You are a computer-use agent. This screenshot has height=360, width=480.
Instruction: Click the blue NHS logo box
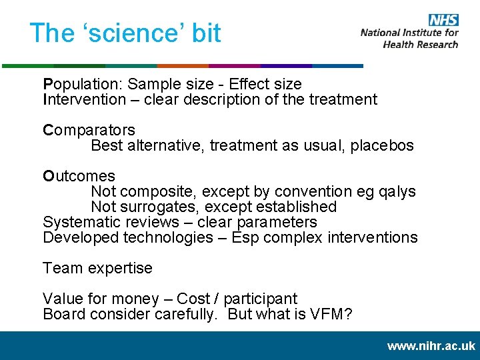pos(443,20)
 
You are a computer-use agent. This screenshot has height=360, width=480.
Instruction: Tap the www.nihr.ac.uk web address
pos(431,346)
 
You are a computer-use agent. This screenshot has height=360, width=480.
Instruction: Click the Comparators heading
pos(89,130)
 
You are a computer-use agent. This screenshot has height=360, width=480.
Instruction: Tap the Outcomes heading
pos(79,177)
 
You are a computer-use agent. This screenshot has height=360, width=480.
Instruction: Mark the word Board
pos(63,315)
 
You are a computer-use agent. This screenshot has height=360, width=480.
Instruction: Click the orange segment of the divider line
pos(182,66)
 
